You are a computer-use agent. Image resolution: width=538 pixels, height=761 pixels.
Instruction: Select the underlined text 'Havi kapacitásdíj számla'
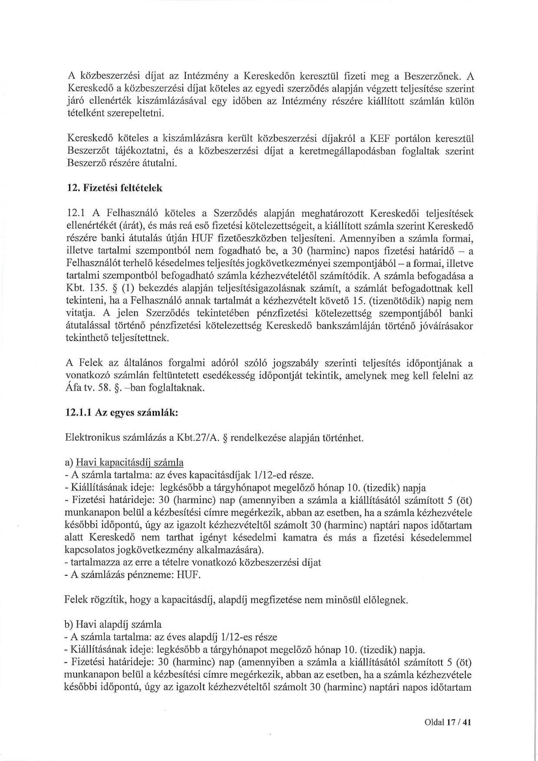(129, 463)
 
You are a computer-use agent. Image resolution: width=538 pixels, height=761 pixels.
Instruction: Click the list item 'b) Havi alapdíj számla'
(113, 625)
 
